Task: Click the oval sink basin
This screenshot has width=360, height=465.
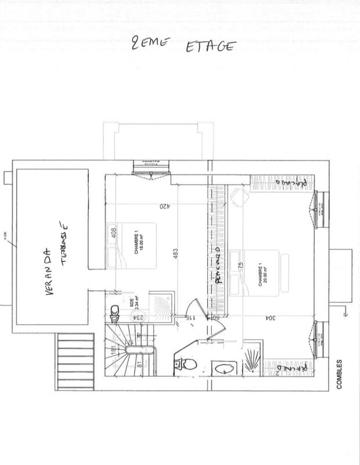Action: pos(221,367)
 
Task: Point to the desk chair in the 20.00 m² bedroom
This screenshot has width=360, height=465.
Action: pos(236,198)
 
